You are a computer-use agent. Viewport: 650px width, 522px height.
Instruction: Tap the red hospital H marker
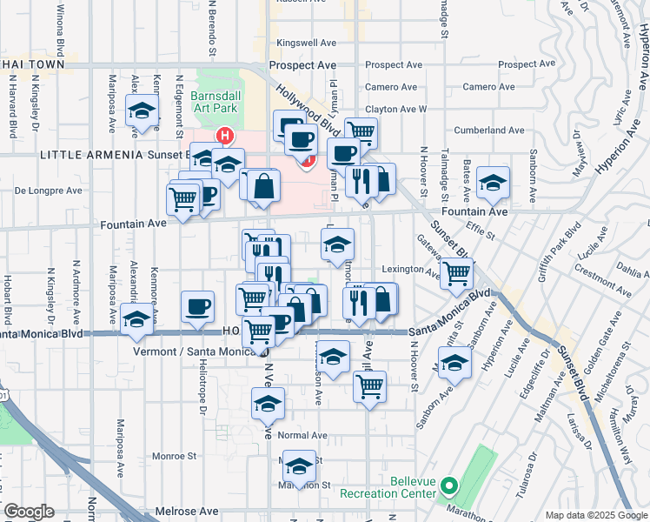[x=225, y=137]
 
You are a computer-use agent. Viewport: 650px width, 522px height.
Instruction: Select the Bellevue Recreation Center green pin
[x=449, y=485]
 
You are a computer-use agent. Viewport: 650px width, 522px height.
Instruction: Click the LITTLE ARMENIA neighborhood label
[x=89, y=154]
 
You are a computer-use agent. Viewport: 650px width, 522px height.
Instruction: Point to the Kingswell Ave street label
[x=303, y=43]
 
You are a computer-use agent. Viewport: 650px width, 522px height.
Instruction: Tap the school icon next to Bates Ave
[x=493, y=183]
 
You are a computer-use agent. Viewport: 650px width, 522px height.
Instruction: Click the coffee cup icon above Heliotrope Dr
[x=197, y=306]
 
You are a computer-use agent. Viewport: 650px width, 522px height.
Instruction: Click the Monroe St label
[x=175, y=456]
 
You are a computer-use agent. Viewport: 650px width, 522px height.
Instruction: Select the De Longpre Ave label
[x=49, y=190]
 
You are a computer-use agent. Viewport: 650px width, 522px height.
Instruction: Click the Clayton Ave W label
[x=396, y=110]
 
